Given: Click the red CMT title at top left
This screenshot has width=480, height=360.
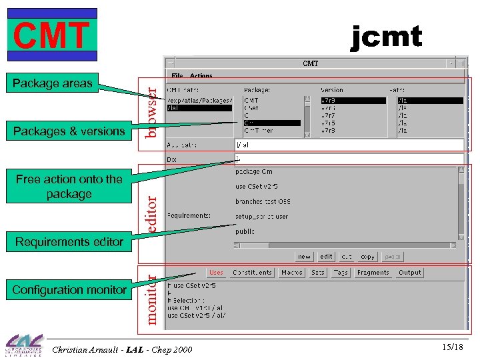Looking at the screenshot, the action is click(52, 35).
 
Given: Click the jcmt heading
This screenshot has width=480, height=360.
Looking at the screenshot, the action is click(386, 36).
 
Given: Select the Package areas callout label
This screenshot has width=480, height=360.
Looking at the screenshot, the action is click(51, 83).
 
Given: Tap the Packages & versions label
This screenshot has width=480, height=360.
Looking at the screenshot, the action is click(69, 131).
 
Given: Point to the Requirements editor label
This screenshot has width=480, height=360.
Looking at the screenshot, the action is click(69, 241).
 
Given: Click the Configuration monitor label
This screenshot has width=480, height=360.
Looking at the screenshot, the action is click(69, 289).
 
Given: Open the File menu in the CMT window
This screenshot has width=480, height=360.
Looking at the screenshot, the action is click(177, 76).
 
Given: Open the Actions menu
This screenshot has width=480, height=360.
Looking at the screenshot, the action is click(201, 76).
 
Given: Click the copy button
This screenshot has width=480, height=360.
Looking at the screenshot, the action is click(367, 256).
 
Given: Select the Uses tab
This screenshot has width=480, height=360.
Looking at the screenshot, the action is click(217, 272).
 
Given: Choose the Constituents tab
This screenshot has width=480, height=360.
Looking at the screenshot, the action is click(252, 272).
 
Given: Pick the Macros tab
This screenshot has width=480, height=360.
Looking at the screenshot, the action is click(292, 272).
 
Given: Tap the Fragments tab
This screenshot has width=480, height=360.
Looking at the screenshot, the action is click(373, 272).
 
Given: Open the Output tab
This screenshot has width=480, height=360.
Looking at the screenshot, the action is click(410, 272).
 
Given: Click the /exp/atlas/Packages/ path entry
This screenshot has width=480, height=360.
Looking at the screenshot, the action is click(199, 100).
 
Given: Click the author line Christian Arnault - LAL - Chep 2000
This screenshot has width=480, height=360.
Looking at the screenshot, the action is click(122, 349).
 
